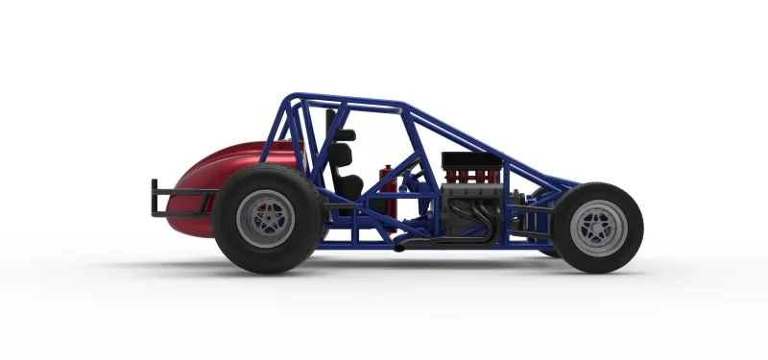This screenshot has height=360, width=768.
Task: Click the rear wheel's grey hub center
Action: click(266, 219)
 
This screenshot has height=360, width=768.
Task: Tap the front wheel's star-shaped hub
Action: click(597, 228)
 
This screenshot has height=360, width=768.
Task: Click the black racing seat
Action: click(348, 178)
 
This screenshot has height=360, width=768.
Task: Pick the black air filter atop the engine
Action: click(470, 159)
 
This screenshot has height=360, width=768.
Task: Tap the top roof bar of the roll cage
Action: click(346, 100)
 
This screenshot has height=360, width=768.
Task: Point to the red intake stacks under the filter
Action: click(470, 177)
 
